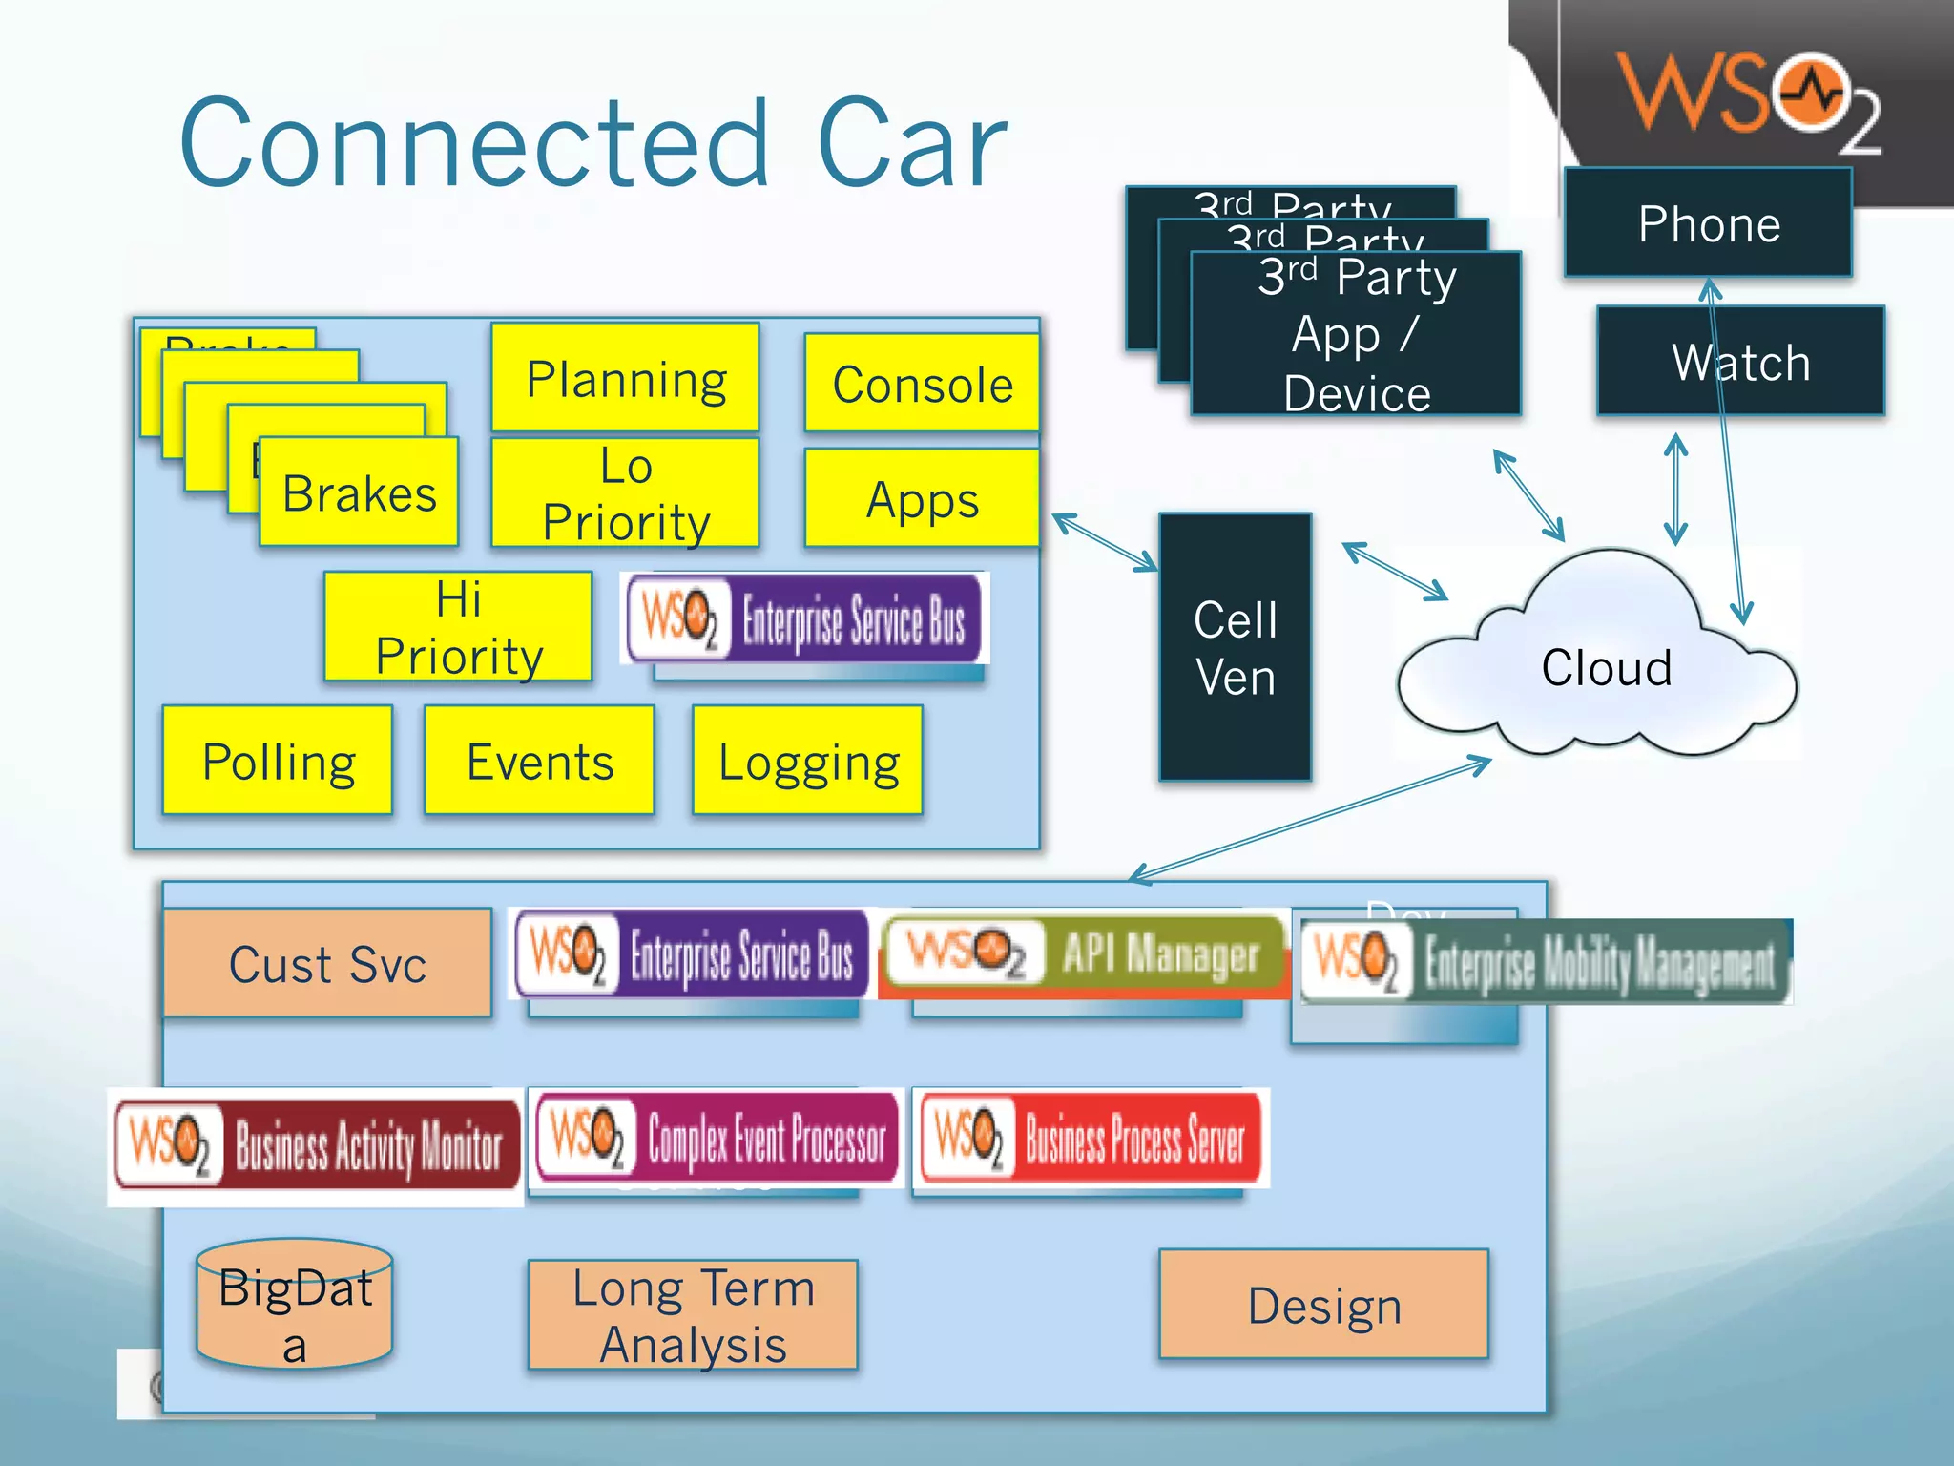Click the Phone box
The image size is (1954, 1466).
coord(1708,223)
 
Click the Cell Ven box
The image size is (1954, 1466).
coord(1235,648)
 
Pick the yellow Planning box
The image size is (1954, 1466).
coord(626,379)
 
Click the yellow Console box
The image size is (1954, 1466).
coord(922,384)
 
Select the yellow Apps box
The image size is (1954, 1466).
coord(922,499)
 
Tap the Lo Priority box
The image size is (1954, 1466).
coord(626,493)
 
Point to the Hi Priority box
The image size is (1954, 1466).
coord(458,627)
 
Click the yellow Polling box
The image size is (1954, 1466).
coord(278,761)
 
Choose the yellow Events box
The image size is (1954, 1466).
coord(540,761)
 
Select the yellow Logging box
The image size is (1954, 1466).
coord(808,761)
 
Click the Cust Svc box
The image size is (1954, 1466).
coord(327,963)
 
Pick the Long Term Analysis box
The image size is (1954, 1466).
coord(693,1315)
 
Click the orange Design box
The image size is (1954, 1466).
coord(1323,1304)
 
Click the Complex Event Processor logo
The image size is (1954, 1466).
coord(717,1138)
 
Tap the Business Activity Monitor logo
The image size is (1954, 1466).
coord(316,1145)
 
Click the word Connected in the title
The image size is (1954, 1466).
coord(474,143)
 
